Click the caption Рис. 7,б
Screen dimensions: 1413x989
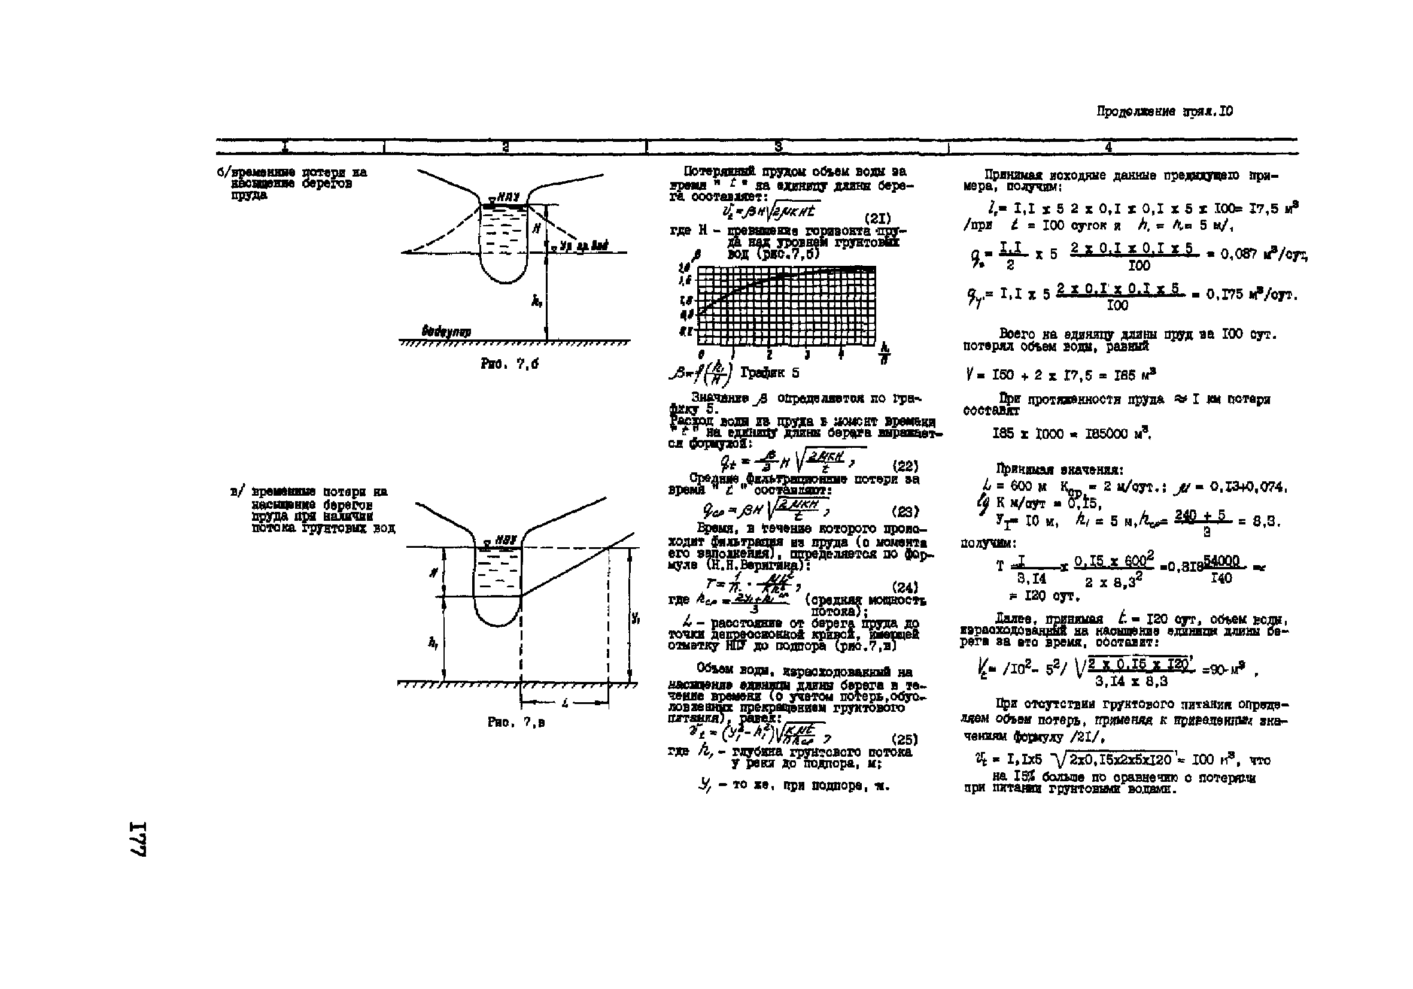coord(509,364)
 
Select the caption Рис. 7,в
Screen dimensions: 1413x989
coord(516,723)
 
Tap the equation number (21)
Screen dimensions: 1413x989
coord(877,219)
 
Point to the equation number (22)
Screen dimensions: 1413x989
coord(905,466)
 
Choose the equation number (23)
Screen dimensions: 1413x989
coord(905,511)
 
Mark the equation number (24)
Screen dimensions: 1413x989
coord(905,587)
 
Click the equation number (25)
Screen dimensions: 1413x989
coord(905,739)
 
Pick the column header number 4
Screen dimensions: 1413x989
coord(1108,147)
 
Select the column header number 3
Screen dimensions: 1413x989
coord(778,147)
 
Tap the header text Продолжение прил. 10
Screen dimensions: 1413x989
coord(1165,111)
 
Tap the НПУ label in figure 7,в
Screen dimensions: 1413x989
coord(505,540)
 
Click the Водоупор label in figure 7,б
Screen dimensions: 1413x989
coord(446,331)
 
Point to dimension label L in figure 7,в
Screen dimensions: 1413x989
coord(564,702)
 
